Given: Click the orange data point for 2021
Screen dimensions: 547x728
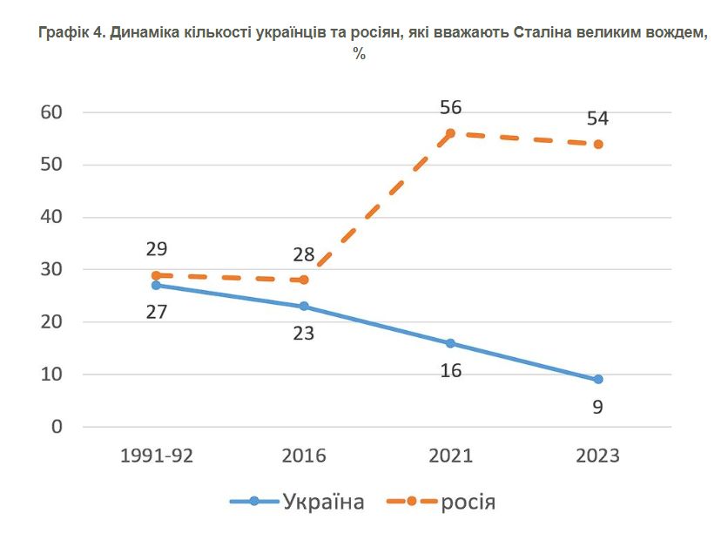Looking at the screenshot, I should (450, 133).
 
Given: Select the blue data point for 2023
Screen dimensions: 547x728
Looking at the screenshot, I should (598, 380).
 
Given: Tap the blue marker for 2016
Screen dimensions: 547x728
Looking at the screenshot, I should (304, 307).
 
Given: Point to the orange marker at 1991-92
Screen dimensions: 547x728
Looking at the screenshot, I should (156, 275).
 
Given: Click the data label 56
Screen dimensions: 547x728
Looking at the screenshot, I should (450, 108).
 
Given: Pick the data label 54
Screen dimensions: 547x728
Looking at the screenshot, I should (598, 118).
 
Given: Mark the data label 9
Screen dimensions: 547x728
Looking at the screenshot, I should (598, 406).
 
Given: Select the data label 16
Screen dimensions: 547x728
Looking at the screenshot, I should (450, 371).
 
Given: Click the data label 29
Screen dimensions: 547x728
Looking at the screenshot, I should (156, 250).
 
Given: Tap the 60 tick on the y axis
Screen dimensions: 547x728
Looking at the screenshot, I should (51, 112).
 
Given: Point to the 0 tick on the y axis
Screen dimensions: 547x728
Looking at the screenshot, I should (57, 427).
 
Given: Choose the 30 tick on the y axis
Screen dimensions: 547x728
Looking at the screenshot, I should (51, 270).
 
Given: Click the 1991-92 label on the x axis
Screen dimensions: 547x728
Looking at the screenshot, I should (156, 456).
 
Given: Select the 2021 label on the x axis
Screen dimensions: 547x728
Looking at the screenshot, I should (450, 456).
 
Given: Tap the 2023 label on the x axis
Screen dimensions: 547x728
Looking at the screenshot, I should (598, 456).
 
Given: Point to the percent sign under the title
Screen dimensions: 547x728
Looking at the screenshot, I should (359, 53).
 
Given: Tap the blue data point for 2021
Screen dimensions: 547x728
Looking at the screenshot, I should (450, 343).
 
